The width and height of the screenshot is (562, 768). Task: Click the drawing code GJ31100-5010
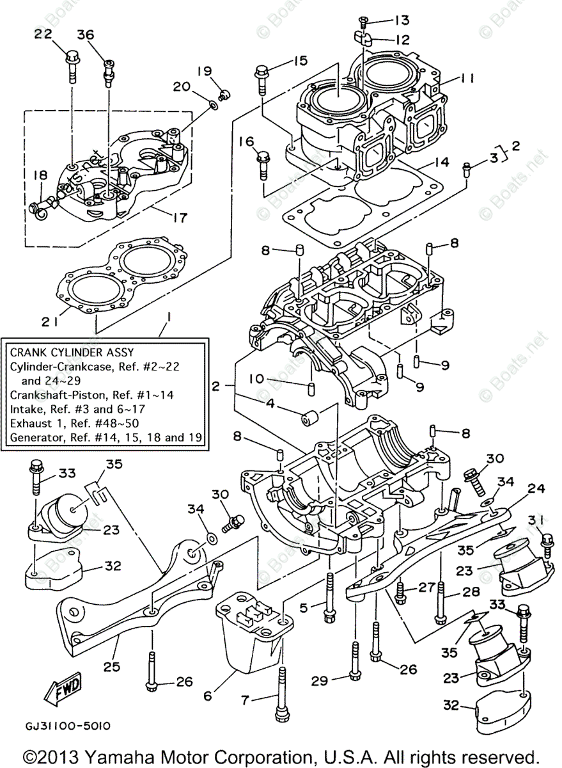click(68, 726)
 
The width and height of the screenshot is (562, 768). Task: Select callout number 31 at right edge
click(537, 518)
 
